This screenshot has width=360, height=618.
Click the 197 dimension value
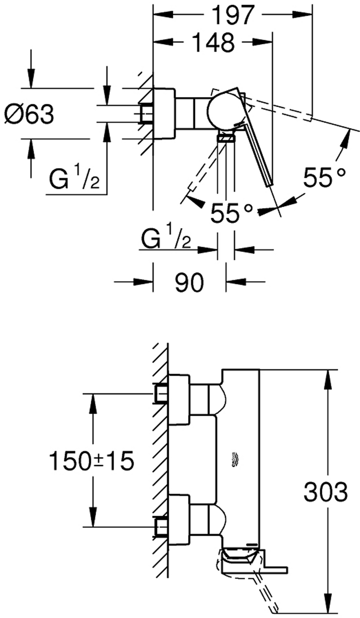[x=232, y=15]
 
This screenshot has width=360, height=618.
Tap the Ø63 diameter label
[x=28, y=115]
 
